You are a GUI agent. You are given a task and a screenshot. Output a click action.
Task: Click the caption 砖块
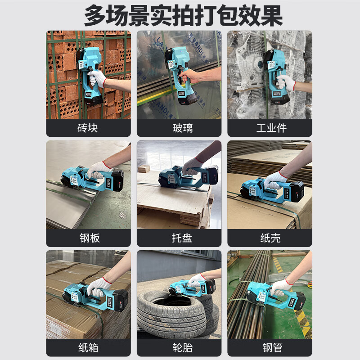click(88, 128)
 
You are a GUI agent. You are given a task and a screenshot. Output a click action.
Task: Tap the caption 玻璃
click(179, 128)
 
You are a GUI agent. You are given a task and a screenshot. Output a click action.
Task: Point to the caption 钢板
click(88, 238)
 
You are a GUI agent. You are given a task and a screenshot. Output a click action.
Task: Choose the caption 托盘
click(179, 238)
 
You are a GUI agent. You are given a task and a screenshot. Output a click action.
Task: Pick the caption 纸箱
click(88, 348)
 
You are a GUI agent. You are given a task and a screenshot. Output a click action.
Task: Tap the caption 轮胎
click(179, 348)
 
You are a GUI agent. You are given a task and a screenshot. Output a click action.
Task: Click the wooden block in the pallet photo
click(144, 169)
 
